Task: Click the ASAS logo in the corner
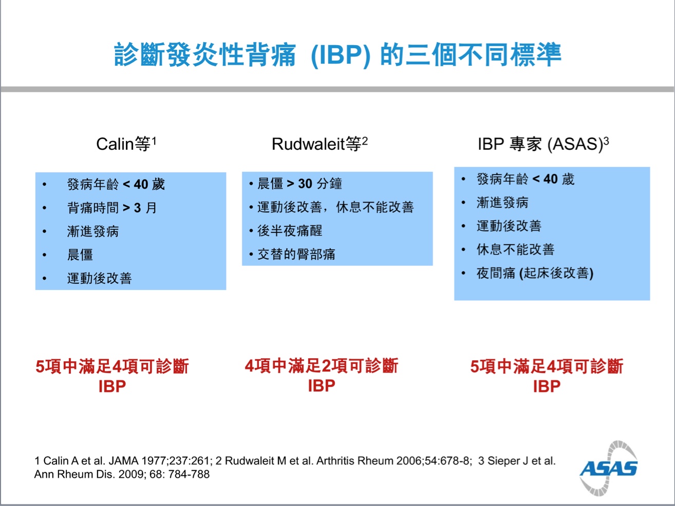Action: [x=608, y=468]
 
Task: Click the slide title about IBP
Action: [x=338, y=55]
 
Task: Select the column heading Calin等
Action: [x=126, y=144]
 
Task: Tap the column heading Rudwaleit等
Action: [x=320, y=144]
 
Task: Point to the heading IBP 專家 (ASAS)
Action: [x=543, y=144]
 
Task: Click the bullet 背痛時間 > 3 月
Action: [x=112, y=208]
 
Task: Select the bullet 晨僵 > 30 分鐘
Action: [x=299, y=184]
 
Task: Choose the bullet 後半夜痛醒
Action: [x=290, y=231]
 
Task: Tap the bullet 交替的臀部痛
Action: [x=296, y=255]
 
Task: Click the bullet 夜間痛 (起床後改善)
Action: [x=535, y=273]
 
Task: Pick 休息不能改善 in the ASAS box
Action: [x=515, y=249]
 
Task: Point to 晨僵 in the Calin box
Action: [x=80, y=255]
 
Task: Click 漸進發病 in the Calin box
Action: [x=93, y=231]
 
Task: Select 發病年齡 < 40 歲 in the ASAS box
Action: [x=525, y=179]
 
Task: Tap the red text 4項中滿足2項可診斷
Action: [x=322, y=365]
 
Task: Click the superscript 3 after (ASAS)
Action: [x=606, y=141]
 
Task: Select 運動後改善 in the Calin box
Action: [x=99, y=278]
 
